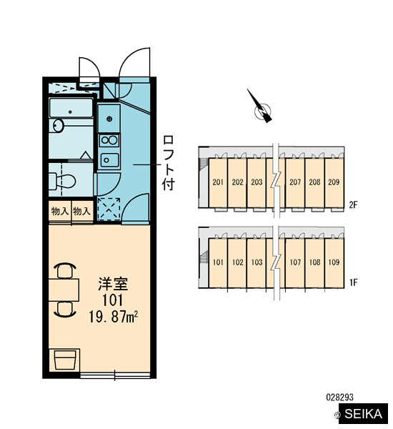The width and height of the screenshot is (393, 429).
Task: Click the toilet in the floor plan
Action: click(x=62, y=181)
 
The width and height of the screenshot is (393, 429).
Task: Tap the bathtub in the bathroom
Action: click(x=71, y=108)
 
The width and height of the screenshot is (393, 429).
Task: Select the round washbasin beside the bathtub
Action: click(x=58, y=126)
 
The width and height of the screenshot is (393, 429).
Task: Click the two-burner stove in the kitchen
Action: click(x=109, y=140)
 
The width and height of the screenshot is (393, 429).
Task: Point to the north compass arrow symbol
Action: click(x=261, y=107)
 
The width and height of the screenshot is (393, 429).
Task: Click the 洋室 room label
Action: click(x=113, y=284)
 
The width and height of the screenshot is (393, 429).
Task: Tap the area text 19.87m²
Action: click(x=113, y=317)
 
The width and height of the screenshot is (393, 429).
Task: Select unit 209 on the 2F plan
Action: click(x=334, y=182)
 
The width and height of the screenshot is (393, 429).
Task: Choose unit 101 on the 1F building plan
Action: click(x=218, y=262)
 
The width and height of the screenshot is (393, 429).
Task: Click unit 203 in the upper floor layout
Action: click(x=257, y=182)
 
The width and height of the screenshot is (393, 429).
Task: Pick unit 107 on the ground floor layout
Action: click(x=295, y=262)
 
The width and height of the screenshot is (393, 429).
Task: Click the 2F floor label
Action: click(x=354, y=204)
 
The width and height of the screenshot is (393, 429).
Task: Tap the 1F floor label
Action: click(x=354, y=282)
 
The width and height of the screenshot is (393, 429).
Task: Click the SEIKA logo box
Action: click(x=363, y=413)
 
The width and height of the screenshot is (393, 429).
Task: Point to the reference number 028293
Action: click(x=339, y=397)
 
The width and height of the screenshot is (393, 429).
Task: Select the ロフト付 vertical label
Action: click(x=168, y=163)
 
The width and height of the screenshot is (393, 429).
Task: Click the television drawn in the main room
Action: click(x=65, y=360)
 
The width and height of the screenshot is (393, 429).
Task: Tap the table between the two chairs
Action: click(x=64, y=290)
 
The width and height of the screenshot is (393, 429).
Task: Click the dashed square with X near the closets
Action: click(x=109, y=209)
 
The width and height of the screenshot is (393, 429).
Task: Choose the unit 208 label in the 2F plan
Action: click(x=314, y=182)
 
